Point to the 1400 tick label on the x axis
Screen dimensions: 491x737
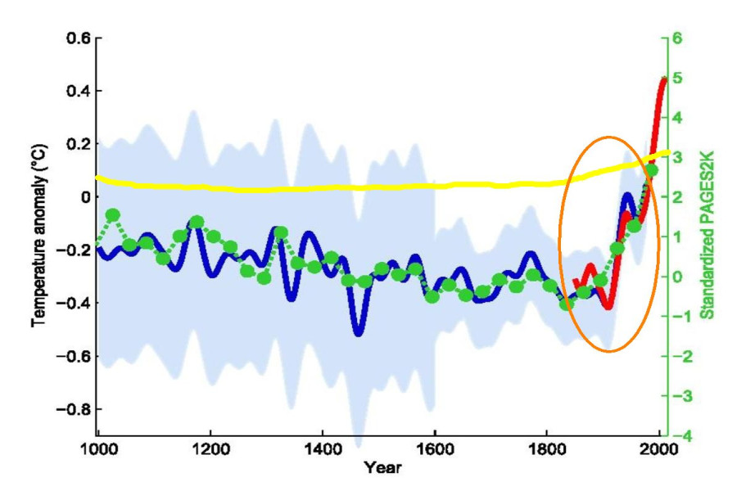tap(323, 450)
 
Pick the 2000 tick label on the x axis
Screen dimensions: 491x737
tap(658, 450)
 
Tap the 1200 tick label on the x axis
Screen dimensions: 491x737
tap(210, 450)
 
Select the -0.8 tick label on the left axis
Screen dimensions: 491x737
tap(73, 408)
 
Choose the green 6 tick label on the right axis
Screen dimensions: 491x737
tap(677, 38)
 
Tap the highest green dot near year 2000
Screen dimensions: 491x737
tap(652, 170)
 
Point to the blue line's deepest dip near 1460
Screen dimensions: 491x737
tap(358, 331)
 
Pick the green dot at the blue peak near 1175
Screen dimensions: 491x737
tap(197, 222)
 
